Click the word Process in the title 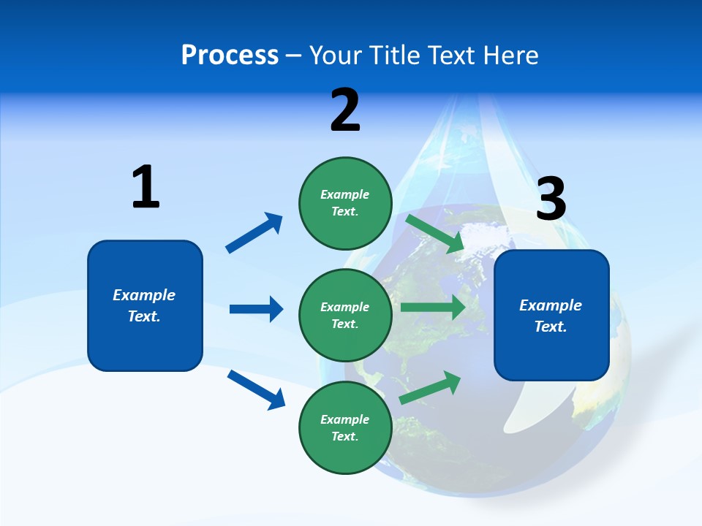pyautogui.click(x=230, y=56)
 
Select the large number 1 pyautogui.click(x=146, y=188)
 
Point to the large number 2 pyautogui.click(x=345, y=111)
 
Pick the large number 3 pyautogui.click(x=551, y=199)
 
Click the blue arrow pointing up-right pyautogui.click(x=254, y=233)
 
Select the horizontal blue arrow pyautogui.click(x=256, y=309)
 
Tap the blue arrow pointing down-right pyautogui.click(x=257, y=389)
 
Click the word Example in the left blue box pyautogui.click(x=144, y=295)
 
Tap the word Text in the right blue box pyautogui.click(x=550, y=327)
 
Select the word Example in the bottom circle pyautogui.click(x=344, y=419)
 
